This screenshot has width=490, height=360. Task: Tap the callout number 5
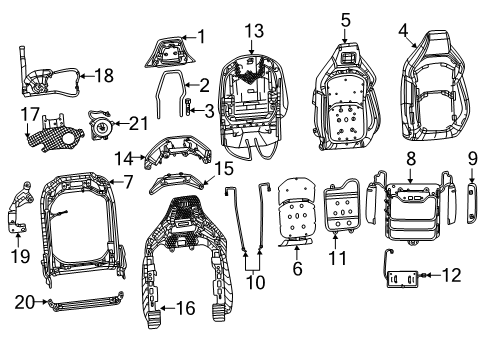pos(345,18)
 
